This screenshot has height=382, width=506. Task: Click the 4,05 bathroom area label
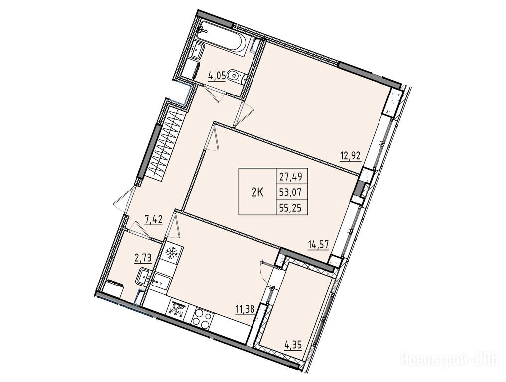tap(217, 76)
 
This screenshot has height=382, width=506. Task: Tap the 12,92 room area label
tap(350, 156)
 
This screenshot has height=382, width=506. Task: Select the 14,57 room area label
tap(319, 244)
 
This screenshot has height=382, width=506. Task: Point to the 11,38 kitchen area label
tap(245, 309)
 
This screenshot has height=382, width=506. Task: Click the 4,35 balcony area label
tap(293, 346)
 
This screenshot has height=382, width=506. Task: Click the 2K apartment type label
tap(257, 192)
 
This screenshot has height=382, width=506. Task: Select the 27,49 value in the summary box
tap(292, 177)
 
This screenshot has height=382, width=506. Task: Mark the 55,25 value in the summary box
tap(292, 208)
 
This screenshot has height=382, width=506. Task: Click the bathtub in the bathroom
tap(223, 40)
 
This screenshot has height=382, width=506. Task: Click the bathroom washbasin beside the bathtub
tap(196, 51)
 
